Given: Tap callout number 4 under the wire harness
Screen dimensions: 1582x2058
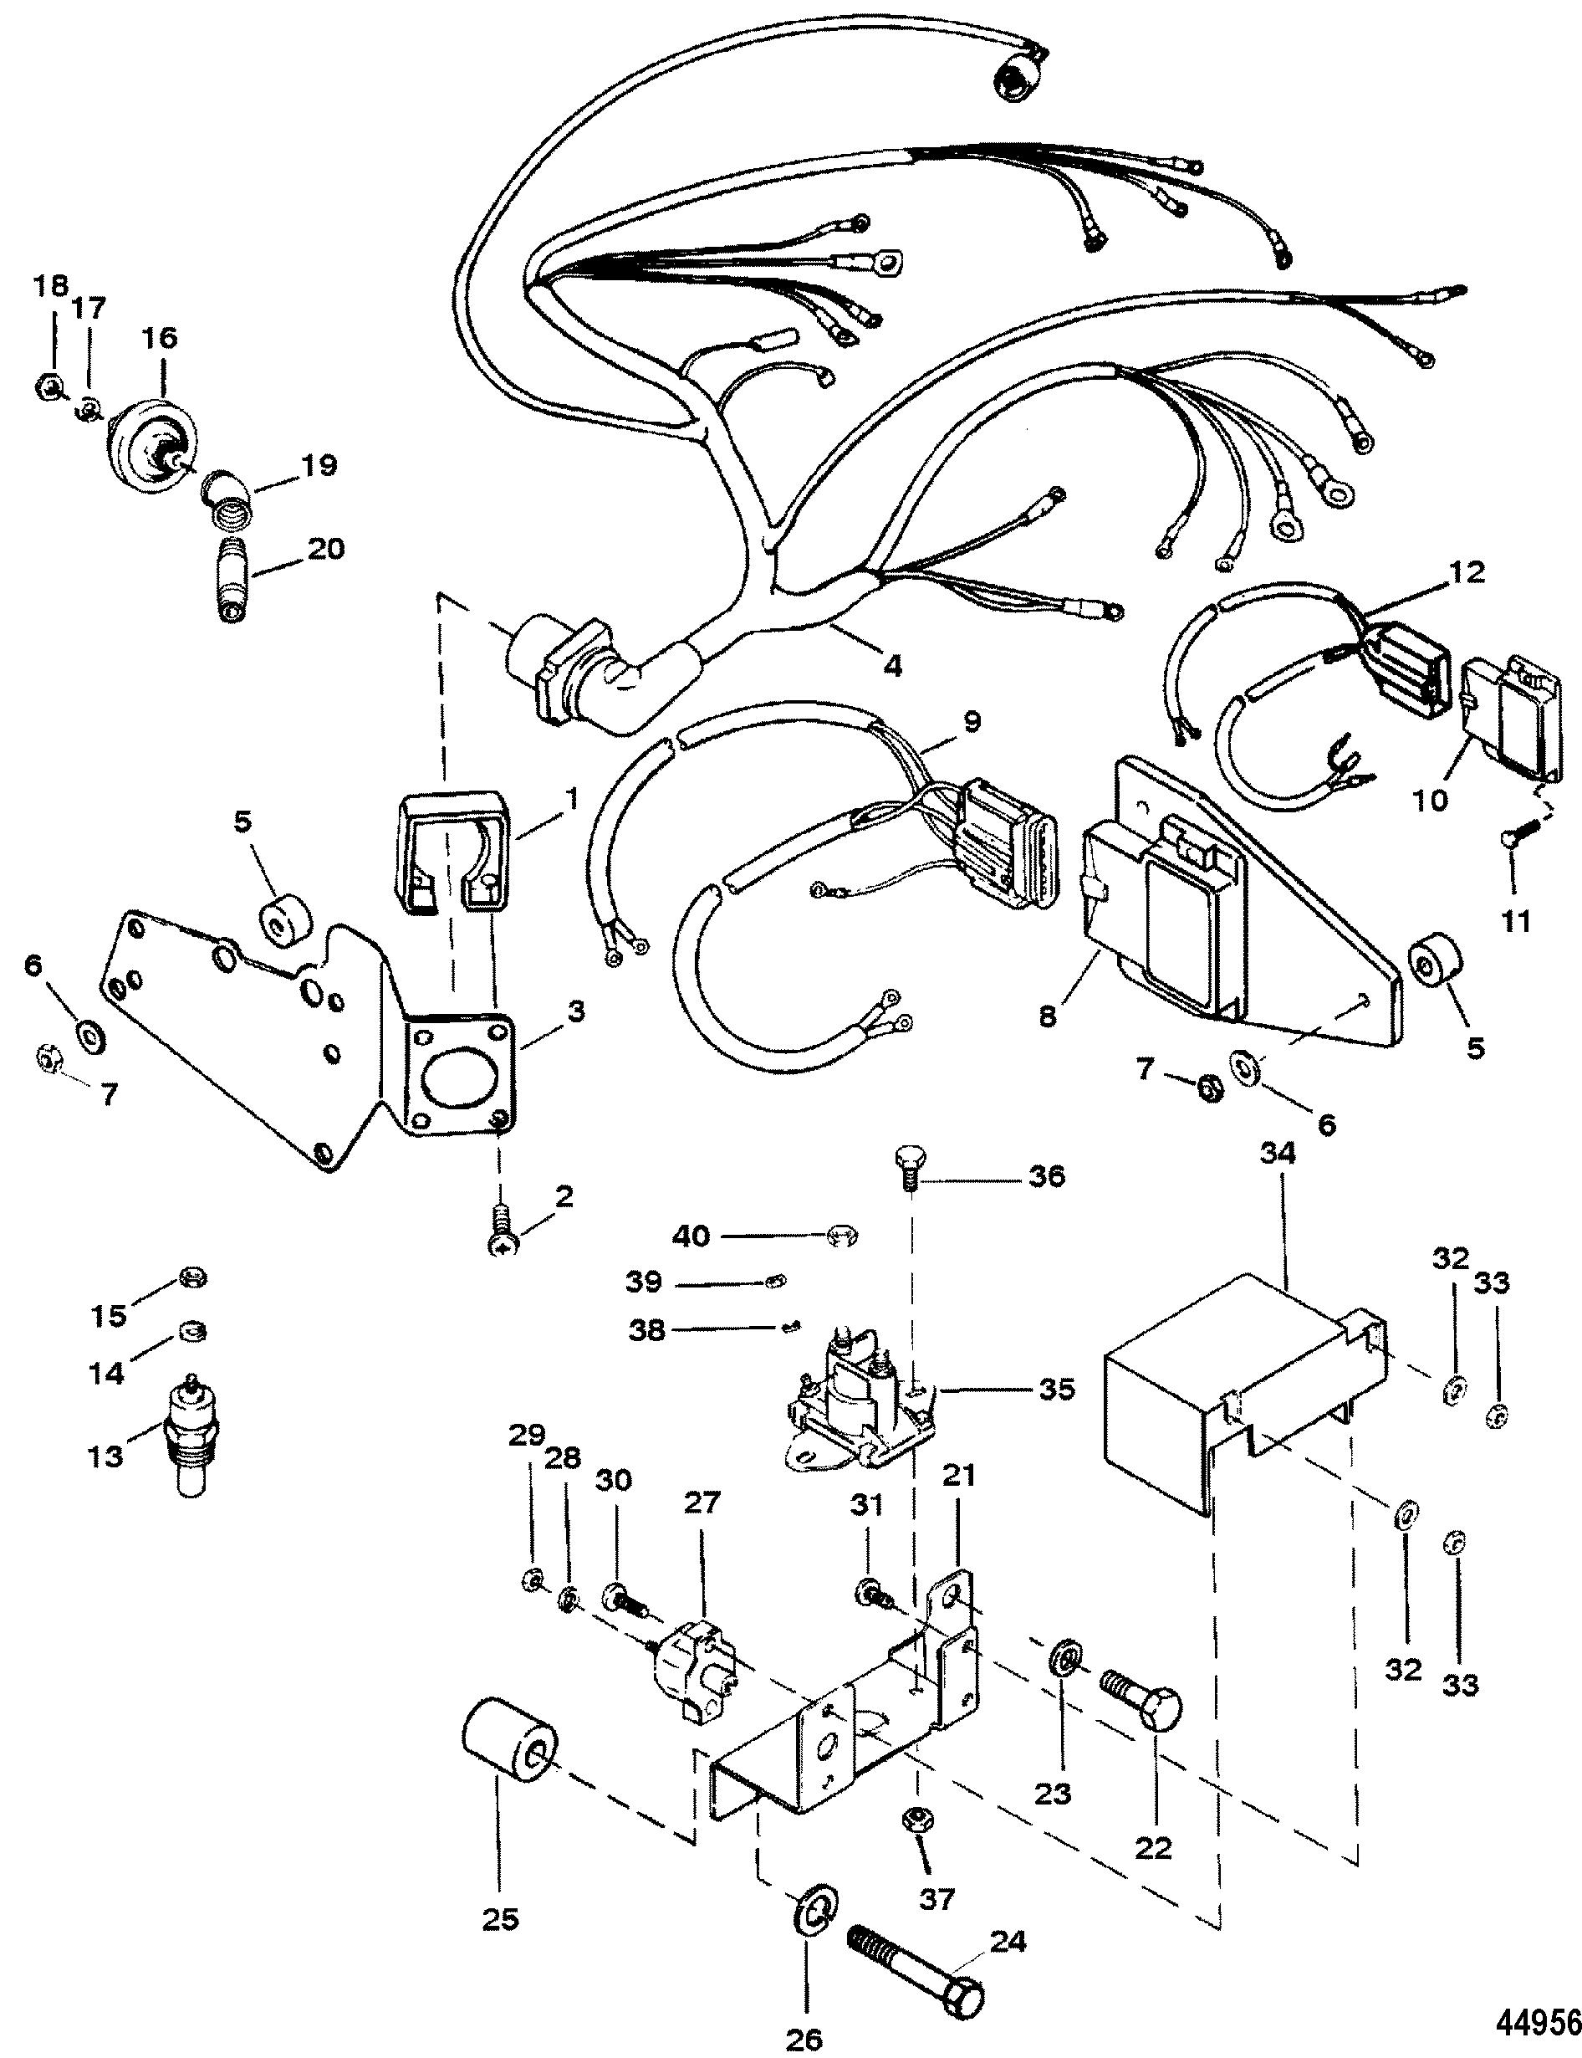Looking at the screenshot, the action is tap(892, 666).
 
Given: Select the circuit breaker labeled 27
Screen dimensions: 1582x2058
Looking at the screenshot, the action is tap(693, 1655).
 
